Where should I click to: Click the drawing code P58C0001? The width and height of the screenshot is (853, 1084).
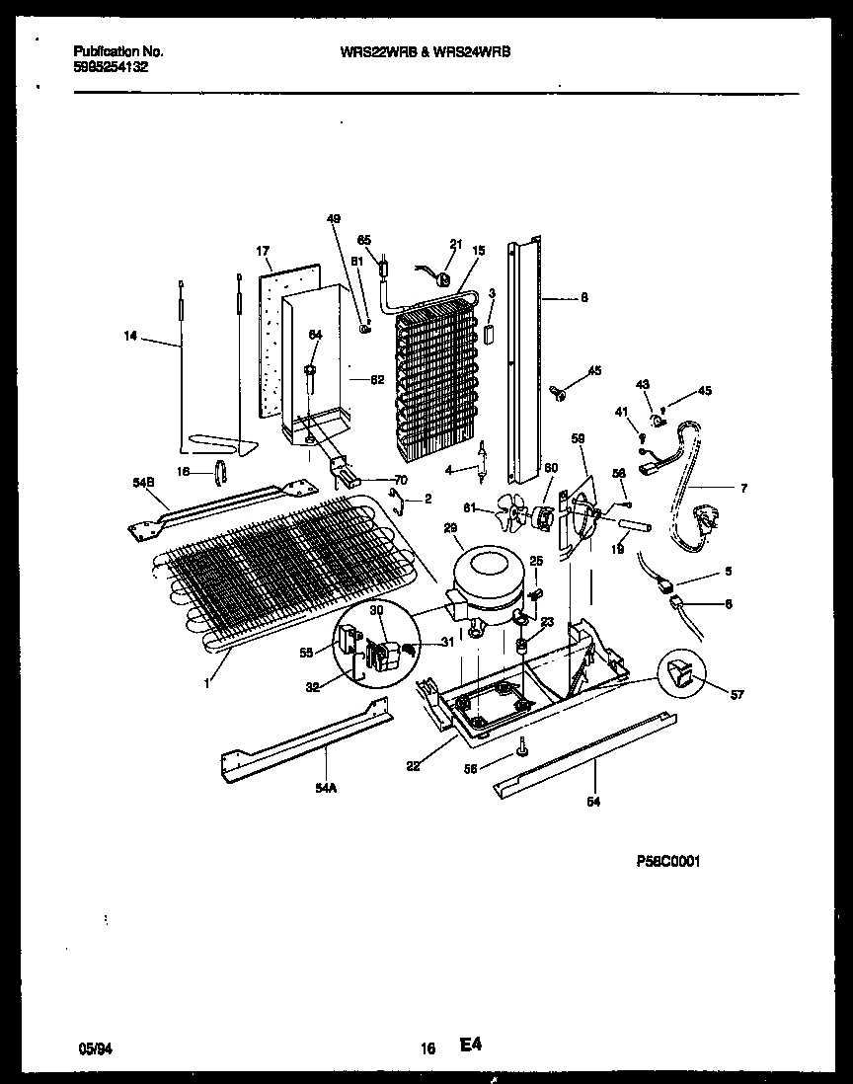point(668,861)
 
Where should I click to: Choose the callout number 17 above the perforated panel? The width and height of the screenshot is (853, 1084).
point(264,252)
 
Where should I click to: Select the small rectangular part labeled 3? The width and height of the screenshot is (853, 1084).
point(487,334)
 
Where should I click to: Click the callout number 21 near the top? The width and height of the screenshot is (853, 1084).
point(455,244)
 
